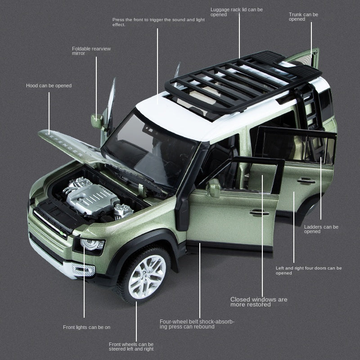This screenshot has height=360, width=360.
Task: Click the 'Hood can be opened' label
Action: [49, 85]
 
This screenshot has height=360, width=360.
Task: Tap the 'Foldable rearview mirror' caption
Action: [91, 51]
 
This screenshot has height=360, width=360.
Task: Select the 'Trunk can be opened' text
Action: [303, 17]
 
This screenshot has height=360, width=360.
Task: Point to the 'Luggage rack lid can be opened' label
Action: [236, 12]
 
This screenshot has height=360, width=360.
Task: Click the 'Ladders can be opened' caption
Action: [321, 229]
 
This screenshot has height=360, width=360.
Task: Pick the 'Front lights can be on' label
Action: [86, 327]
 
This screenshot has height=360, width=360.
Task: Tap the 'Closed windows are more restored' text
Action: [258, 302]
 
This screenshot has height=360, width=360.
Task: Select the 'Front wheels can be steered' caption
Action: [131, 346]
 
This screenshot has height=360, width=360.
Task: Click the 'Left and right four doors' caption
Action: [308, 270]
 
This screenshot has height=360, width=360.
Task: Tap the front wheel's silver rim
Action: [147, 276]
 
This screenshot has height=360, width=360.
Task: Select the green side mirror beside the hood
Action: [97, 121]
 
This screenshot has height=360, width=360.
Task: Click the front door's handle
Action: [259, 212]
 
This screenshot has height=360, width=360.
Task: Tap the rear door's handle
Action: [306, 180]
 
